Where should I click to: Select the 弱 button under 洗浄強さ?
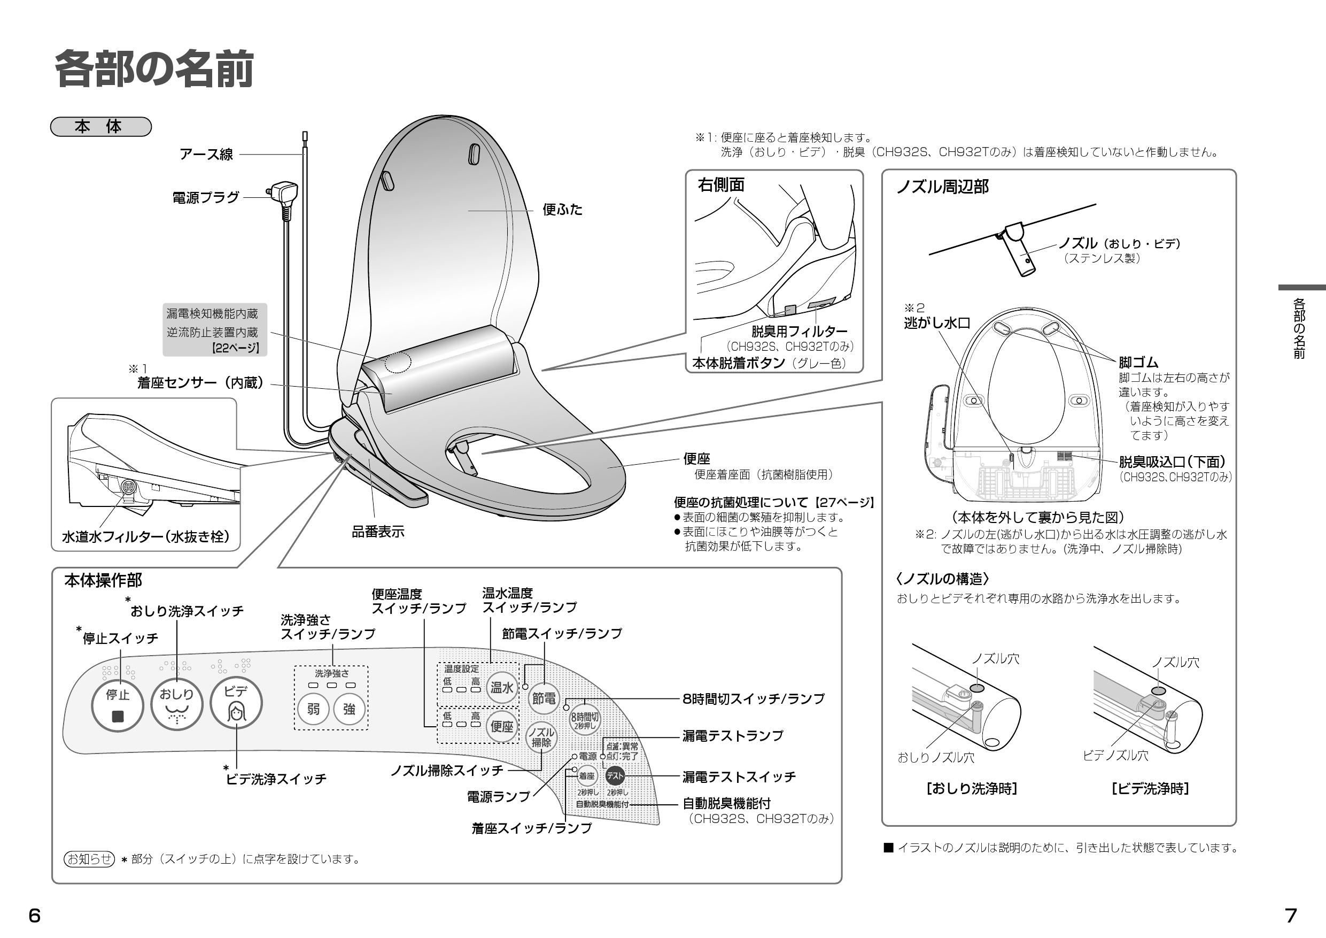tap(313, 709)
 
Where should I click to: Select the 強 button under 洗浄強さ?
tap(349, 709)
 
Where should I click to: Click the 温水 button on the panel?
tap(501, 688)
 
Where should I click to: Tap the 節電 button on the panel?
tap(544, 699)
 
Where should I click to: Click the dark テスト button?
tap(615, 776)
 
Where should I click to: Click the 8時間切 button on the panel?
tap(585, 719)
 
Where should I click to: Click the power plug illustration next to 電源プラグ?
tap(283, 194)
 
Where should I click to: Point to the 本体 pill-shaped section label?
tap(100, 127)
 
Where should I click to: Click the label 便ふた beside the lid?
tap(562, 210)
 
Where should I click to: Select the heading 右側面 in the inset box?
tap(721, 185)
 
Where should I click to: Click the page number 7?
tap(1290, 916)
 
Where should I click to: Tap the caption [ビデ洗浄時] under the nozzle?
tap(1149, 788)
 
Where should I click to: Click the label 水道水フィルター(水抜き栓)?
tap(145, 537)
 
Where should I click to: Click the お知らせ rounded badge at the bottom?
tap(89, 859)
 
